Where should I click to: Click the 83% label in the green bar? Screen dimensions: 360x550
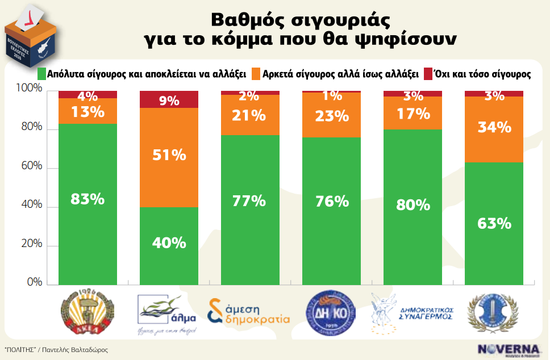(88, 199)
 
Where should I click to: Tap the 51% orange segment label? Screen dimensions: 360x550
(169, 154)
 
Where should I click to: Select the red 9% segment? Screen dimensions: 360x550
(169, 101)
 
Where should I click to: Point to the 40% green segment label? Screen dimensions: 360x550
(169, 242)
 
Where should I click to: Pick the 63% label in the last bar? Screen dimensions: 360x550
(494, 223)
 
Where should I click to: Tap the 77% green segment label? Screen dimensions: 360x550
(250, 201)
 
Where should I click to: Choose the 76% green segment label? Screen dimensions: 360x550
(332, 201)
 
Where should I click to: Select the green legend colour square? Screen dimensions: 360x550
(41, 74)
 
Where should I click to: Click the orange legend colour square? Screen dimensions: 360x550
(256, 74)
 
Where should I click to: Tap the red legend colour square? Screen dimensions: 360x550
(428, 74)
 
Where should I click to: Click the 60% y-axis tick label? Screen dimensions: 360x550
(31, 166)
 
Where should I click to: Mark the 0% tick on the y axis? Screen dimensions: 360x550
(35, 282)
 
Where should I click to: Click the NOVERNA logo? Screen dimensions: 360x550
(508, 349)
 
